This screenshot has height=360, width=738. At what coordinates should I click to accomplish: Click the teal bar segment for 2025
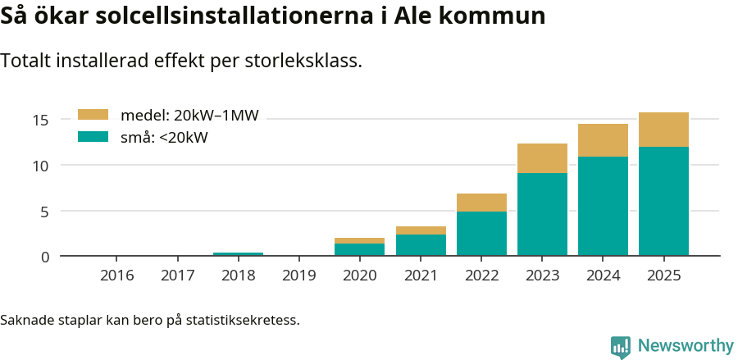point(663,201)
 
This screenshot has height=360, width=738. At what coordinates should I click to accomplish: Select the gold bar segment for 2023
point(542,158)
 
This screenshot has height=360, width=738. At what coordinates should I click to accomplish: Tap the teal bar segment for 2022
point(481,234)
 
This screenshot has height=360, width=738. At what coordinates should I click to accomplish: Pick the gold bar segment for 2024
point(603,140)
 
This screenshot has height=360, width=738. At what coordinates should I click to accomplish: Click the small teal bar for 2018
point(238,254)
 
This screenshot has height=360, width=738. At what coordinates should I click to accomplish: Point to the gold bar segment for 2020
point(359,240)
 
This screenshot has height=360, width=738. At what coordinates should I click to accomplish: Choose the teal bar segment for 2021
point(421,245)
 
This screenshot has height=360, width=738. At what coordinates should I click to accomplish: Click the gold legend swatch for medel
point(93,116)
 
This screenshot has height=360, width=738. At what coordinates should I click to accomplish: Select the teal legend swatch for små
point(93,137)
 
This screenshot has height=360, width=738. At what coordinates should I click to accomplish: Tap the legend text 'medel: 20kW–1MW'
point(189,116)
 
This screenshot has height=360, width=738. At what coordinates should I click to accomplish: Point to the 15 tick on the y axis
point(41,121)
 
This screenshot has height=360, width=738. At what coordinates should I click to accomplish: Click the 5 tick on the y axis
point(45,212)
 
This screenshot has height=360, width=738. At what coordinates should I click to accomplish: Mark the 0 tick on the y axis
point(45,257)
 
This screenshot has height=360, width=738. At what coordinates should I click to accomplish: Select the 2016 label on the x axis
point(117,276)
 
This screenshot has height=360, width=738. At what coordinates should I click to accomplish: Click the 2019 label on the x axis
point(299,276)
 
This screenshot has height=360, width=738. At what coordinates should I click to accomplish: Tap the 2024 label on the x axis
point(603,276)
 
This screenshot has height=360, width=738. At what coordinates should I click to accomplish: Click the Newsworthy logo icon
point(621,347)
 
